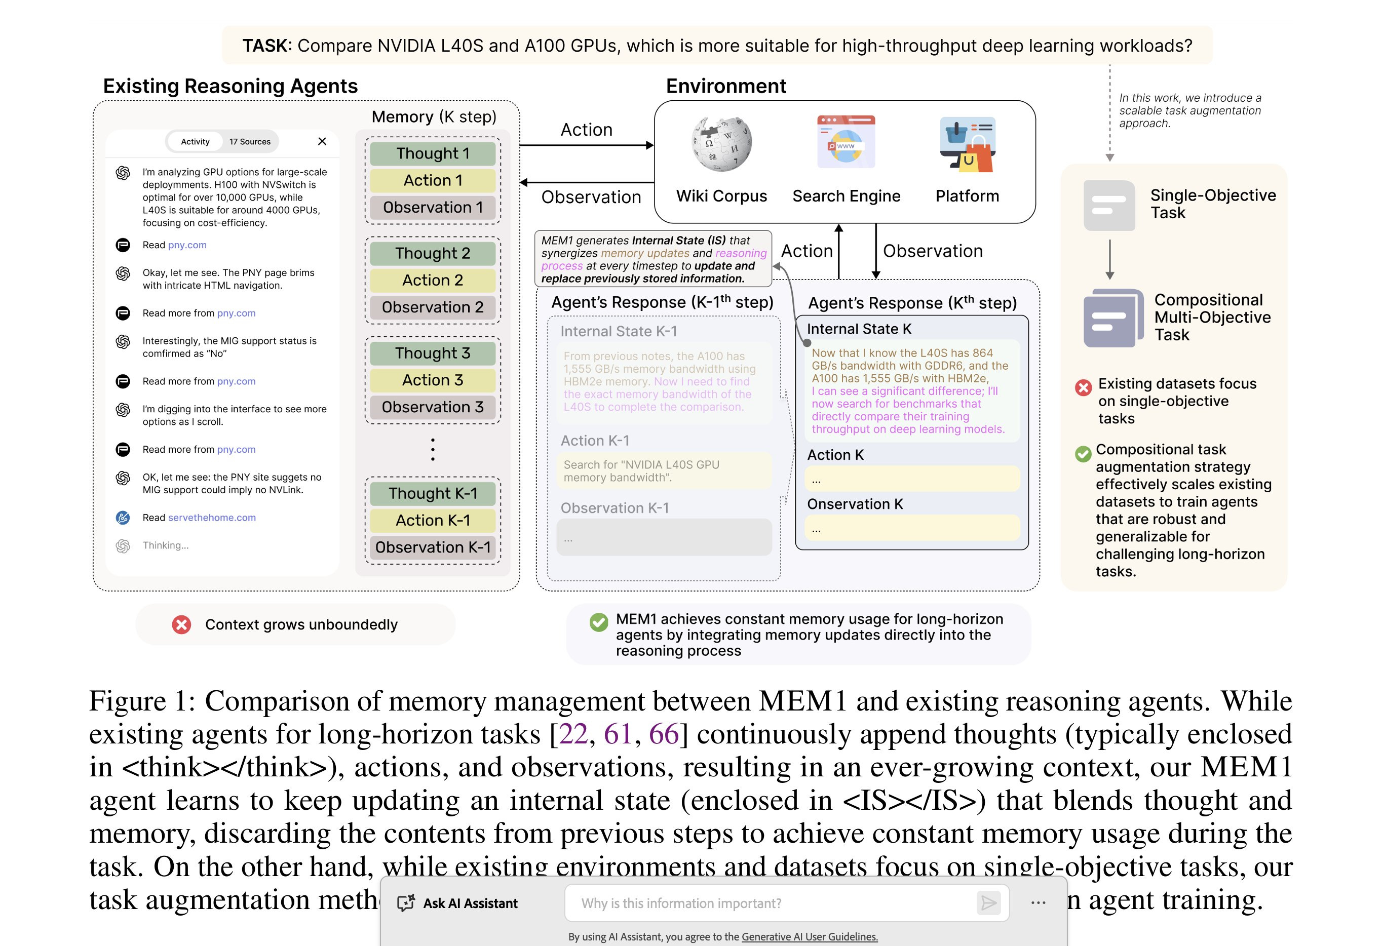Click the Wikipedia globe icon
721,143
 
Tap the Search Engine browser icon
846,142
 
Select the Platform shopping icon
968,144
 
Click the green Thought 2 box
432,253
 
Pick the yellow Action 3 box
432,380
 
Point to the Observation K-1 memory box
432,547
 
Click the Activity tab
195,141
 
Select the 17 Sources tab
250,141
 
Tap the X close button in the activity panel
322,141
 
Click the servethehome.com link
212,517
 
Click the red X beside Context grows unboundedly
181,624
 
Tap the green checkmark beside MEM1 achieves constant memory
598,622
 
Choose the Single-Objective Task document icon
1109,205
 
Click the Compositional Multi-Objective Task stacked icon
1112,318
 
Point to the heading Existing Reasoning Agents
230,86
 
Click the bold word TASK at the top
266,46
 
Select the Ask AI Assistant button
458,903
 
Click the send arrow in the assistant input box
988,903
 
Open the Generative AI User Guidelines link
810,936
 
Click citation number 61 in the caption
618,734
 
